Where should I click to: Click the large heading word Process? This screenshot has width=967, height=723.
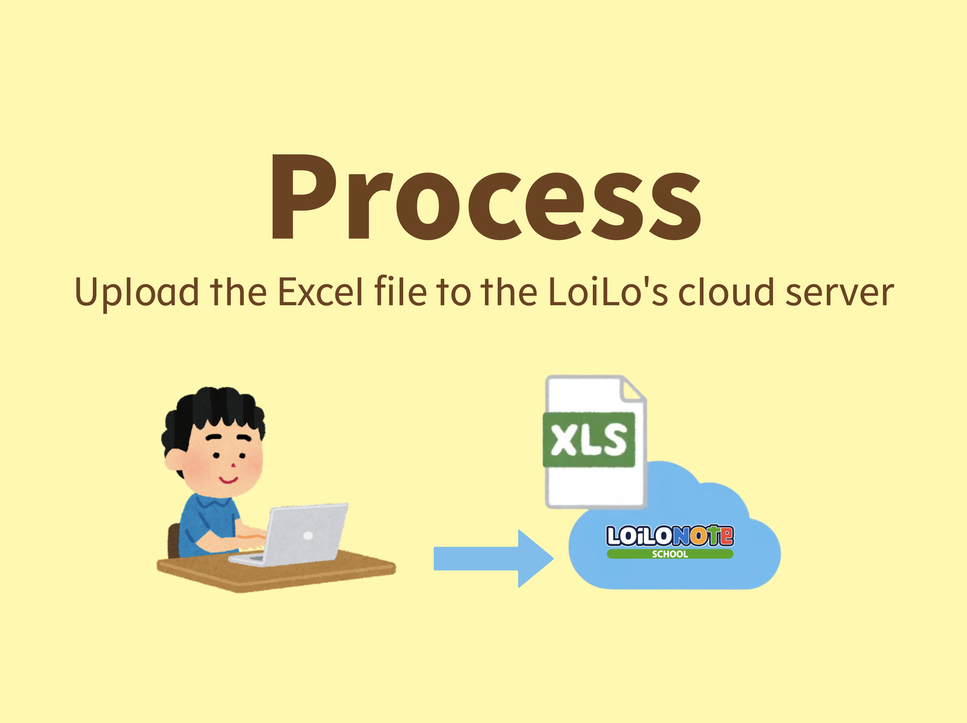[x=486, y=197]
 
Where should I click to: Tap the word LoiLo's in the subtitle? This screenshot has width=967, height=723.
[x=608, y=292]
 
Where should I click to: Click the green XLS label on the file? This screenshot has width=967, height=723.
[x=589, y=439]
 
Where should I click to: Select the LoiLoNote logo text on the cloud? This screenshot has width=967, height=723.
[x=670, y=535]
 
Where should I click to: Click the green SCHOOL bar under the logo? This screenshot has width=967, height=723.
[x=670, y=554]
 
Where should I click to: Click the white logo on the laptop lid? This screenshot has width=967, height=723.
[x=308, y=535]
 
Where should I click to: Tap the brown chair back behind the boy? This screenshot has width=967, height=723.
[x=174, y=541]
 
